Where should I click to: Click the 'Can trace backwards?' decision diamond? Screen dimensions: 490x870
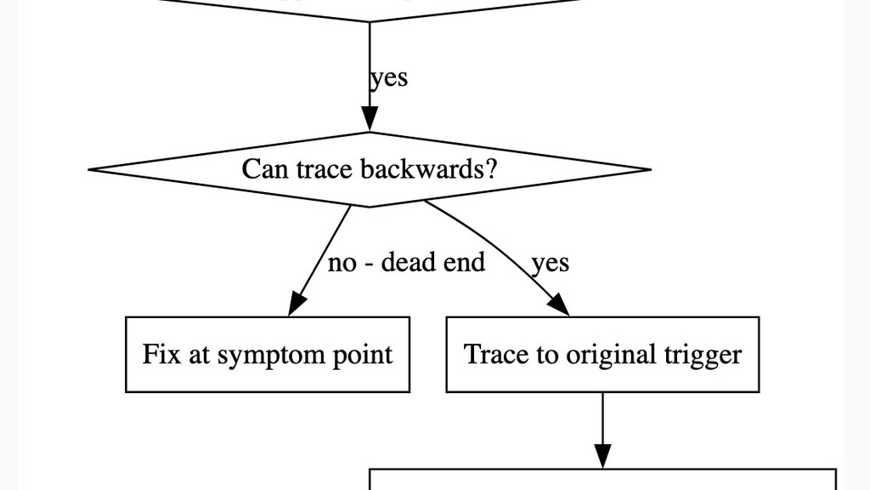click(370, 169)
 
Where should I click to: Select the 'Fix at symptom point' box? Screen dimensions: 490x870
click(267, 354)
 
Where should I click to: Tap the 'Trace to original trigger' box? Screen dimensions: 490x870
click(602, 354)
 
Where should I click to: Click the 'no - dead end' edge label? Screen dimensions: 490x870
click(406, 262)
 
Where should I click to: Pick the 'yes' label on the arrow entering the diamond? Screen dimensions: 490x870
click(389, 77)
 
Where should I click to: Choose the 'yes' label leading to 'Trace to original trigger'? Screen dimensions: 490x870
click(550, 263)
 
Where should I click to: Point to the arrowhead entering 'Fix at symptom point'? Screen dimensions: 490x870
click(297, 305)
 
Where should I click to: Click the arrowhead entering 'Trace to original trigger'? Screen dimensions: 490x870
click(558, 305)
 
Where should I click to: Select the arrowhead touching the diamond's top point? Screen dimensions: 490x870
click(370, 120)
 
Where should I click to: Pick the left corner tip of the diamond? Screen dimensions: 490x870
click(91, 169)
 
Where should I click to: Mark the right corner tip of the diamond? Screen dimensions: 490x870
click(649, 169)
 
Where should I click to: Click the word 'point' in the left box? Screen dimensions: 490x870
click(366, 355)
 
